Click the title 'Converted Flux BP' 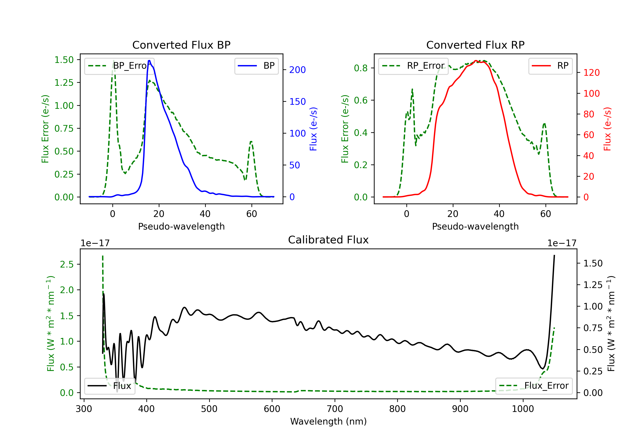tap(181, 45)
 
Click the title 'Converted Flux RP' tap(475, 45)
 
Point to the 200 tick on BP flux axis tap(297, 70)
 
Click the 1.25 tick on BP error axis tap(64, 83)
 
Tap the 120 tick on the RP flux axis tap(591, 73)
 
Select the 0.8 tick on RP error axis tap(361, 68)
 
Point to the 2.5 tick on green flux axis tap(67, 264)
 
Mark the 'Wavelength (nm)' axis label tap(328, 421)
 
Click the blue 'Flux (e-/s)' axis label tap(313, 129)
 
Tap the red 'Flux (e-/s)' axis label tap(607, 129)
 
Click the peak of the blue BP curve tap(149, 61)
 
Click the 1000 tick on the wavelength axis tap(523, 409)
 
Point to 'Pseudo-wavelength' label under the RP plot tap(475, 226)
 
